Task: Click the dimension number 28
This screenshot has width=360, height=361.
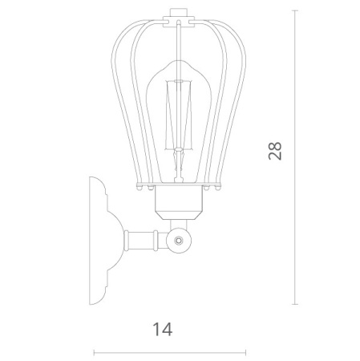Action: tap(275, 151)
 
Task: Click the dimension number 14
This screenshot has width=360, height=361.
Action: tap(163, 329)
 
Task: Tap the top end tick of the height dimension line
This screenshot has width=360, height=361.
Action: tap(295, 10)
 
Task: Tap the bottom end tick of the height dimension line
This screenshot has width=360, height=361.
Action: tap(295, 304)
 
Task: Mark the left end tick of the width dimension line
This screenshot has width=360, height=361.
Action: tap(94, 353)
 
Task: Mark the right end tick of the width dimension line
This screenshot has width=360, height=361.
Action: tap(245, 353)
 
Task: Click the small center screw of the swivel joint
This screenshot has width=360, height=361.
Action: tap(178, 241)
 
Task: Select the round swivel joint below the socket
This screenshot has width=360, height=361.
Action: tap(179, 241)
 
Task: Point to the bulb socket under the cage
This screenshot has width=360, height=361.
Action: tap(178, 202)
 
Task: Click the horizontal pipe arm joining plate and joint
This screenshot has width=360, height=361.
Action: tap(147, 241)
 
